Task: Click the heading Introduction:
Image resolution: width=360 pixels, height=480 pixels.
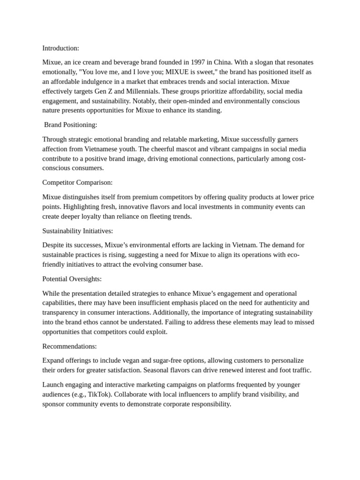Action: pyautogui.click(x=60, y=48)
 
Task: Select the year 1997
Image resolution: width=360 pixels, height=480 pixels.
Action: pyautogui.click(x=197, y=62)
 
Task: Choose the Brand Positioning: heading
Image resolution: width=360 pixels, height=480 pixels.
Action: pyautogui.click(x=71, y=125)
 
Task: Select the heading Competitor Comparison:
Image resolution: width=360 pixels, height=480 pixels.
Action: pyautogui.click(x=77, y=182)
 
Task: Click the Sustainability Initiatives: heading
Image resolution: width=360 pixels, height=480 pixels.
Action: pyautogui.click(x=77, y=231)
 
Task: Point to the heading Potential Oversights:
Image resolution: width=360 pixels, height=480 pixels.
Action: pyautogui.click(x=72, y=279)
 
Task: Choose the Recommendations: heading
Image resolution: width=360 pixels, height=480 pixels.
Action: pyautogui.click(x=69, y=346)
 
